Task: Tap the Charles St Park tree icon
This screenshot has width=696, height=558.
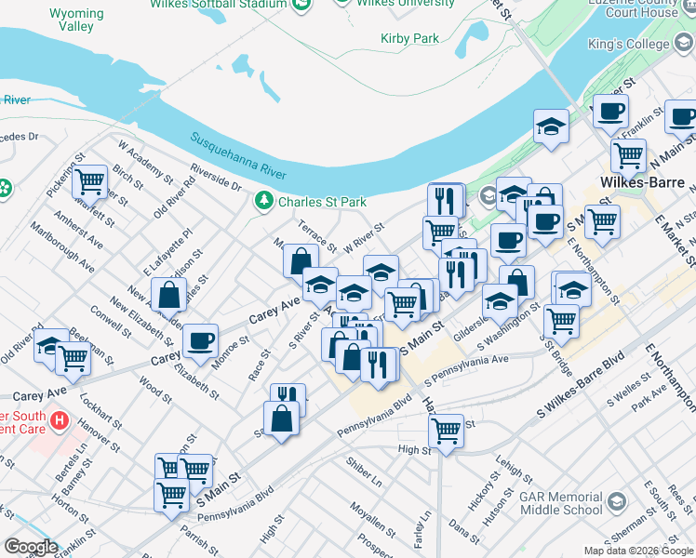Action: [x=264, y=201]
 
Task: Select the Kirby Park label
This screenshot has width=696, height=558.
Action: [x=409, y=39]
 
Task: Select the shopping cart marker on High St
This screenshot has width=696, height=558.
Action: [x=447, y=432]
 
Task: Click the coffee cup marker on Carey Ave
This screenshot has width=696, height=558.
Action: [x=200, y=341]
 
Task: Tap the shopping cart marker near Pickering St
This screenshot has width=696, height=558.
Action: [x=91, y=181]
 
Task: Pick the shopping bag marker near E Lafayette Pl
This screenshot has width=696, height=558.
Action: [x=171, y=296]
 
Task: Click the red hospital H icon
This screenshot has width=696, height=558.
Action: [x=60, y=420]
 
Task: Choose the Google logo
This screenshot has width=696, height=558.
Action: [x=31, y=547]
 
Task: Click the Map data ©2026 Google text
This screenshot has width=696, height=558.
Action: [x=637, y=551]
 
